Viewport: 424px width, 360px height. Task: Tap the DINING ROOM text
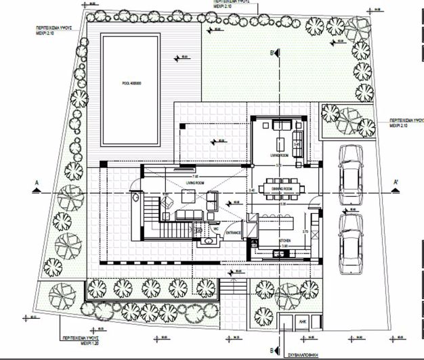coord(279,188)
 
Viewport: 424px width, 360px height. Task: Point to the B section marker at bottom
coord(271,351)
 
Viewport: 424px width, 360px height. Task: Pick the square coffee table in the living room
coord(186,196)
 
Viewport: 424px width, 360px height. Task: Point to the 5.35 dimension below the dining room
coord(283,204)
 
